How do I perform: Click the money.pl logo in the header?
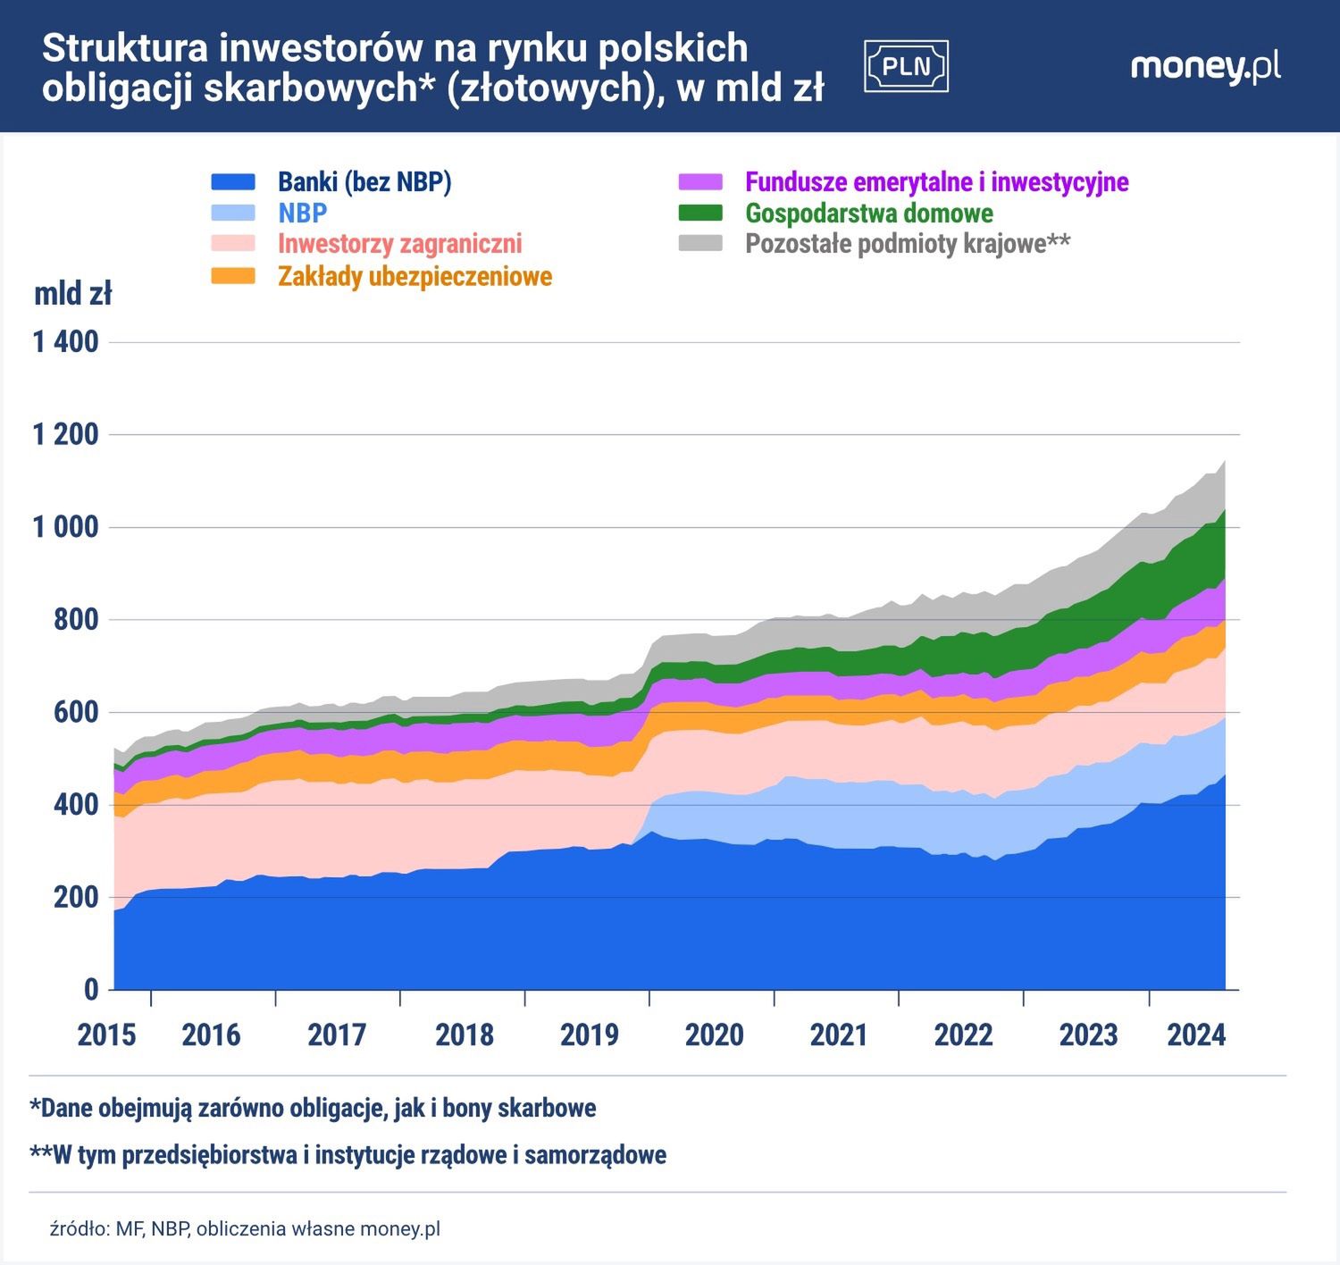click(1205, 67)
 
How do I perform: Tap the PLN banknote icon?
click(906, 67)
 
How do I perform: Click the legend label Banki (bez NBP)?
click(364, 182)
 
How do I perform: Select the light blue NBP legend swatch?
click(233, 214)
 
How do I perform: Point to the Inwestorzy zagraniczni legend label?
click(399, 244)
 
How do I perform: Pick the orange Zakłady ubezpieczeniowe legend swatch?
click(233, 276)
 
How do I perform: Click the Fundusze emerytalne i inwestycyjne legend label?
click(936, 182)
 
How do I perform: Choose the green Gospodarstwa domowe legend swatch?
click(700, 214)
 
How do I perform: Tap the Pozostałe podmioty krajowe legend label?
click(908, 244)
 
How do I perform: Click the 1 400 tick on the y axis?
click(66, 342)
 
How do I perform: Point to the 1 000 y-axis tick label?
click(66, 527)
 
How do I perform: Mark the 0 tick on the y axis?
click(91, 990)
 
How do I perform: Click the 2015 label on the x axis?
click(107, 1035)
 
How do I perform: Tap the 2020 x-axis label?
click(714, 1035)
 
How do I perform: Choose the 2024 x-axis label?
click(1197, 1035)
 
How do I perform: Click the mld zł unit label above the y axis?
click(73, 293)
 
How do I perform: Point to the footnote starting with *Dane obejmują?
click(313, 1109)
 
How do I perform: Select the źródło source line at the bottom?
click(245, 1228)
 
